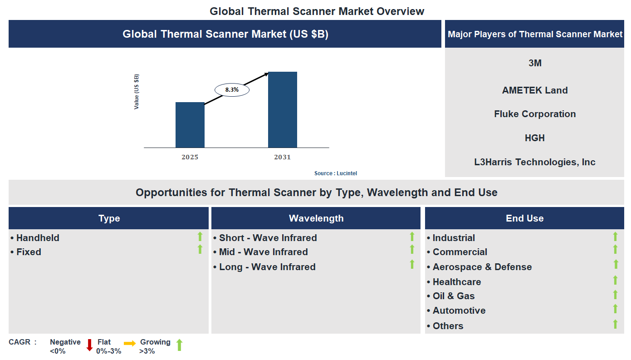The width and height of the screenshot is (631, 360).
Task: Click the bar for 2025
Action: (x=190, y=125)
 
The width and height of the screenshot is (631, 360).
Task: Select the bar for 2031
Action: (x=282, y=109)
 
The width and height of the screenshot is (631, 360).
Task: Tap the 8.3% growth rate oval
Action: (x=232, y=90)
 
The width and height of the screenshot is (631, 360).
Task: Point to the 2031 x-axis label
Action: (x=282, y=157)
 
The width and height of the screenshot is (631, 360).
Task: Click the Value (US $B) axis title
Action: (x=137, y=92)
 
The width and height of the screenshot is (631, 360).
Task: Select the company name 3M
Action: (x=535, y=63)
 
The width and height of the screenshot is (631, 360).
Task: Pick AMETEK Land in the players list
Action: (x=535, y=90)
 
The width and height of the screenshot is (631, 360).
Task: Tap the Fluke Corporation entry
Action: (x=535, y=114)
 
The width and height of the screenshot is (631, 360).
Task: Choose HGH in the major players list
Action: (x=535, y=138)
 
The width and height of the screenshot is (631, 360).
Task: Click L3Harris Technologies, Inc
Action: (x=535, y=162)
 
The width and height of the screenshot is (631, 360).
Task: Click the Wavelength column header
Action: (x=316, y=218)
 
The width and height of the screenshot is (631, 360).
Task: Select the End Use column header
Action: (x=524, y=218)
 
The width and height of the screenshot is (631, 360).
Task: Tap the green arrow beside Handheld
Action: (x=200, y=237)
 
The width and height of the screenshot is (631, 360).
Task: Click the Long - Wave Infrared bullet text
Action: (x=267, y=267)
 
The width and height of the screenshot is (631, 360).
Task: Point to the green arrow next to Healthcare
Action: (x=615, y=281)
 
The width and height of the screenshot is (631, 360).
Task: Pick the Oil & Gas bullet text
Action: (x=453, y=296)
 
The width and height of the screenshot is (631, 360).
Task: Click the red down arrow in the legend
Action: (x=89, y=345)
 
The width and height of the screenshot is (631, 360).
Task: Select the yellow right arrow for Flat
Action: (x=130, y=344)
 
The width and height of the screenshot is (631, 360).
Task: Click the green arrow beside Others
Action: (x=615, y=324)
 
